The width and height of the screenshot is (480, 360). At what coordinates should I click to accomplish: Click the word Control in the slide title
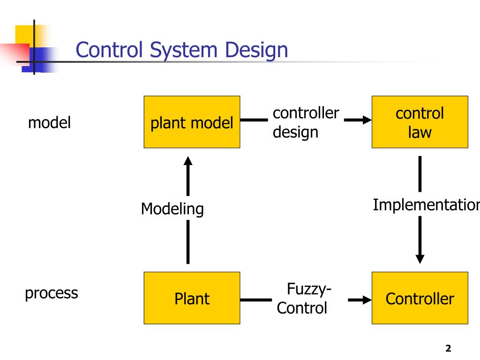109,50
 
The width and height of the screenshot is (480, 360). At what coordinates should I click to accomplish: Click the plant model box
192,122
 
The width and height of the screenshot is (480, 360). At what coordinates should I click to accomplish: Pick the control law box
420,122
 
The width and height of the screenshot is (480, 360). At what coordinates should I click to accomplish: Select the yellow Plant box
192,298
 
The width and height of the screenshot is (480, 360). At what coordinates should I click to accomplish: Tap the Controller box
420,298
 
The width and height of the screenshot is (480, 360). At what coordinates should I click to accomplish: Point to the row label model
49,122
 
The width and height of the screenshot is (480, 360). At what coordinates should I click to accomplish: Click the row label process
52,293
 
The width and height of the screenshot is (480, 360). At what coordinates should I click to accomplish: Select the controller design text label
306,122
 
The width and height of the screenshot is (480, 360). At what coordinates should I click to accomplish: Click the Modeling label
172,209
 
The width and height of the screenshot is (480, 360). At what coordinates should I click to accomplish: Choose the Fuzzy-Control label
304,299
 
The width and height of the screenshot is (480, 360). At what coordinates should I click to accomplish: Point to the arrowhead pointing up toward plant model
188,161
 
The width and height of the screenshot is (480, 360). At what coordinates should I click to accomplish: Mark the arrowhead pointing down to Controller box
420,259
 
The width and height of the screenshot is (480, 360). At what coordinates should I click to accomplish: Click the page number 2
448,348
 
